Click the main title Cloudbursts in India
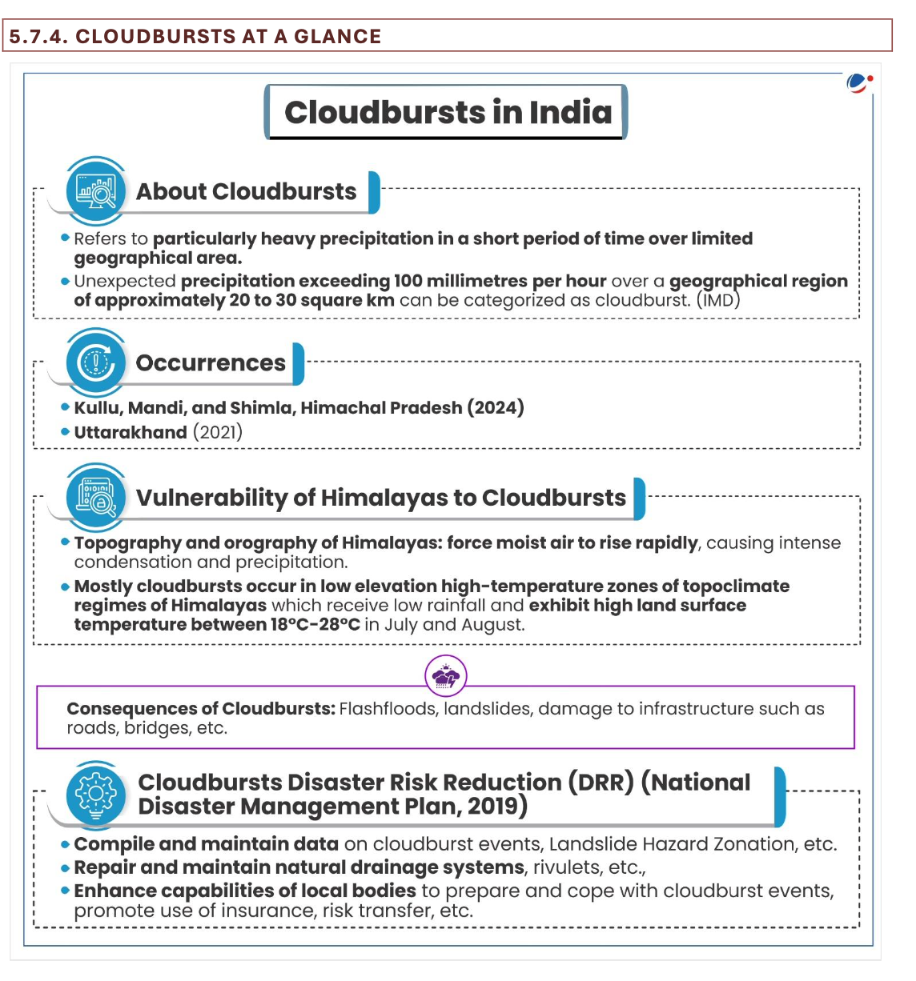448,113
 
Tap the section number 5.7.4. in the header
38,37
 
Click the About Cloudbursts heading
246,192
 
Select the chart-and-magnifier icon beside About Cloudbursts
96,191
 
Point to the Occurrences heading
211,363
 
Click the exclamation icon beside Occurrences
96,362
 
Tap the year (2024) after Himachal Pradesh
496,407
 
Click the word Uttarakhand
131,433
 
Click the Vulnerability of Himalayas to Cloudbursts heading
381,498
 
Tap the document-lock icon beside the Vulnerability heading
96,497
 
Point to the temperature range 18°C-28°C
315,625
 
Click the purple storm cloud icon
446,678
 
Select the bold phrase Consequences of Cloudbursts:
201,709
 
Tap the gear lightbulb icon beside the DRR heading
96,794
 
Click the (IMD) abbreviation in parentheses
718,301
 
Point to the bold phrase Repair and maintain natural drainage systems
299,867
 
